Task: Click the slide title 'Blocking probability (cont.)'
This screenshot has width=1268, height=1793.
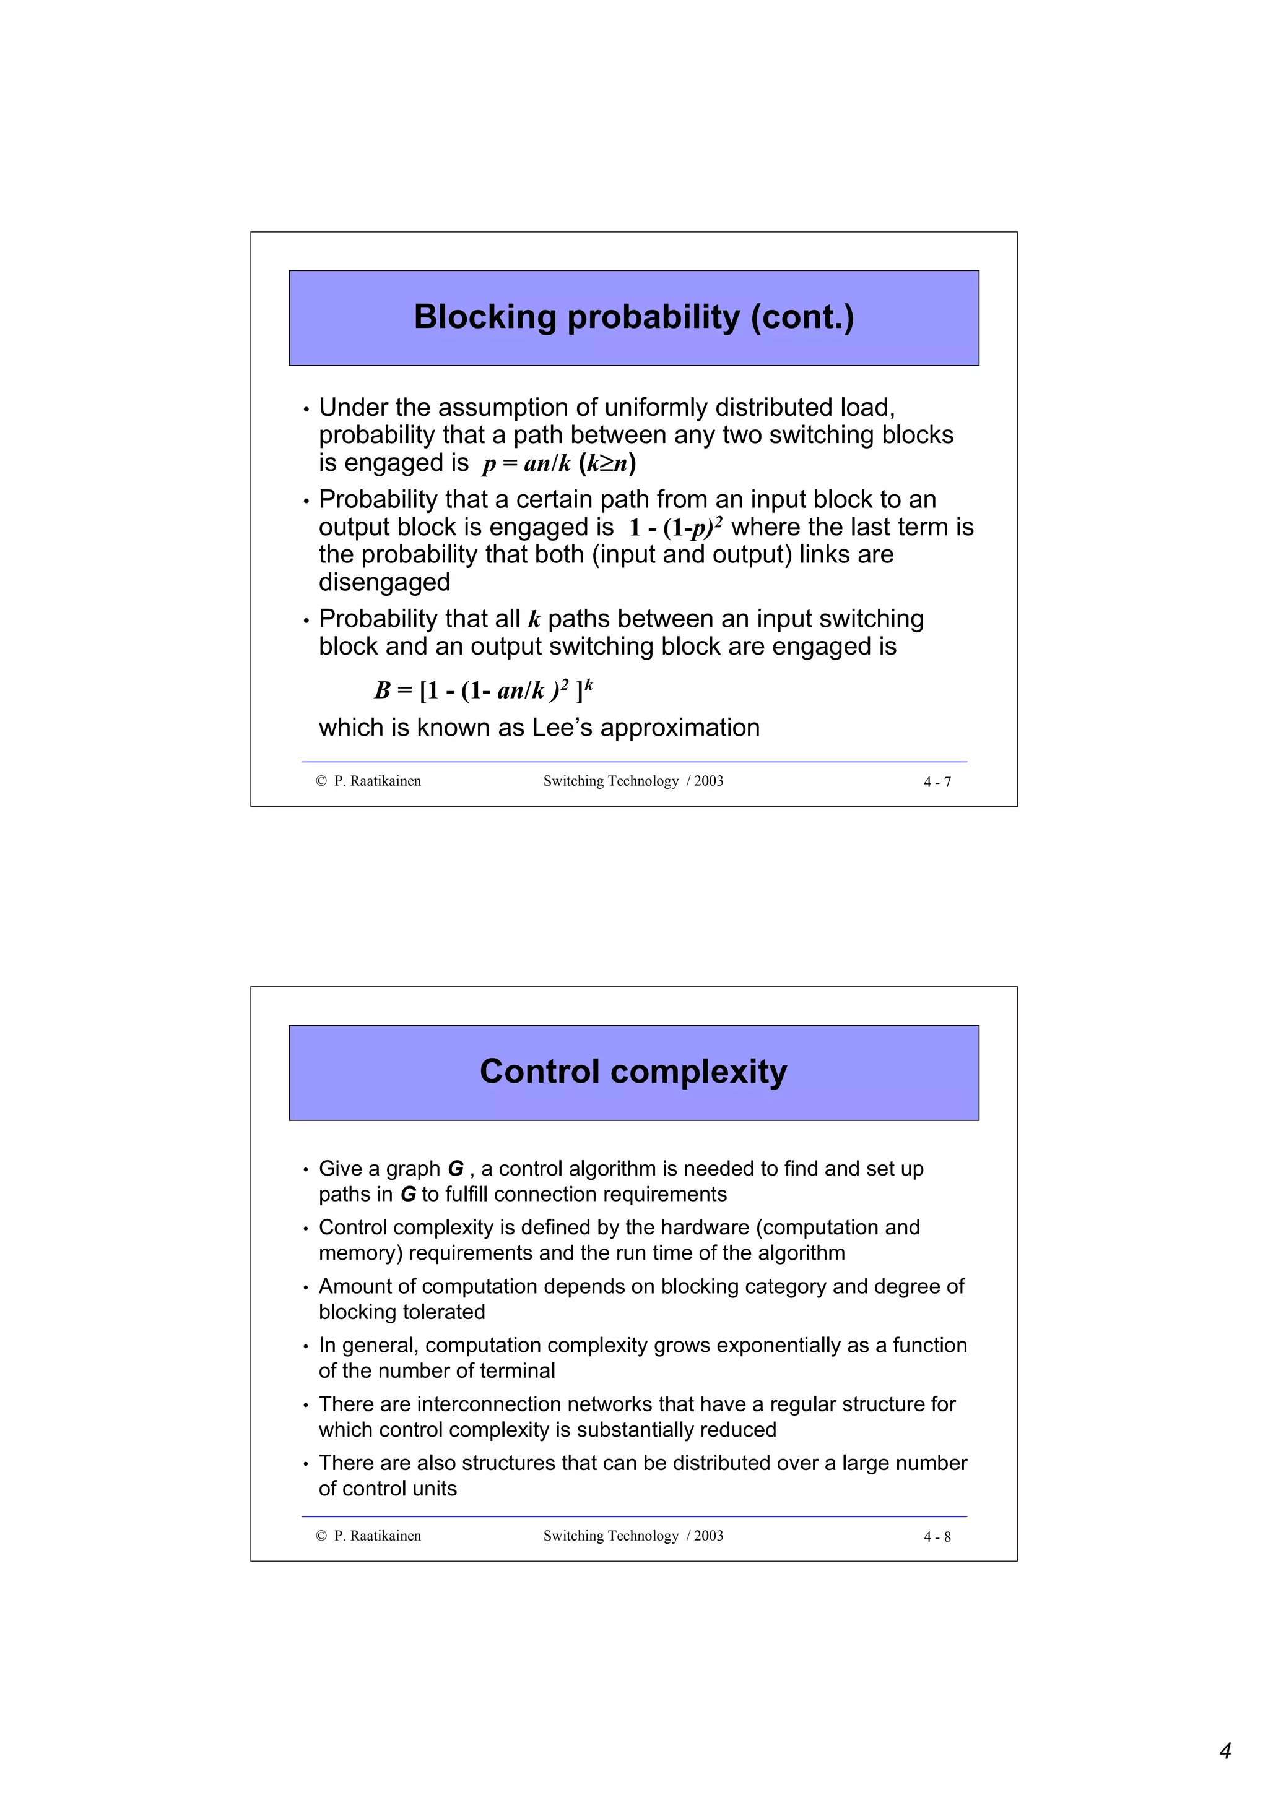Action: tap(633, 317)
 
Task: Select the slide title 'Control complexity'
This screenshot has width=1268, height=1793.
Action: tap(633, 1072)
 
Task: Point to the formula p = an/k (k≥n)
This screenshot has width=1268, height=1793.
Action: tap(558, 464)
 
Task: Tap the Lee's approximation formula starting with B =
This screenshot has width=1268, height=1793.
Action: tap(484, 690)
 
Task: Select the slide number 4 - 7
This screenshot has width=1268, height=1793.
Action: tap(937, 781)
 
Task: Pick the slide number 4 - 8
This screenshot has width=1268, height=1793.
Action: tap(937, 1537)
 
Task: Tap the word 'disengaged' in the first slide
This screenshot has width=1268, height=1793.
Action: tap(384, 583)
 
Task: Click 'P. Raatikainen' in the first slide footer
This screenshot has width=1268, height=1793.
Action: tap(377, 781)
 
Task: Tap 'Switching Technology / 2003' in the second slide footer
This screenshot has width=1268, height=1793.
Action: tap(633, 1535)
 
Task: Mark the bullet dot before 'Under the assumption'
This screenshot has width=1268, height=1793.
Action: tap(306, 409)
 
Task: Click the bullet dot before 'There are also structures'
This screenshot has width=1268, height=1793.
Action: tap(306, 1464)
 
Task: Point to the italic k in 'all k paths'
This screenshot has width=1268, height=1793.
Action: tap(534, 620)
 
